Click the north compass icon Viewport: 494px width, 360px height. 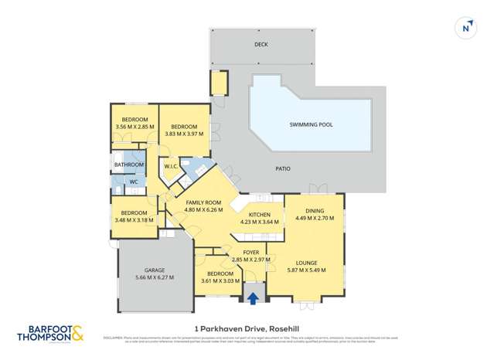coord(465,26)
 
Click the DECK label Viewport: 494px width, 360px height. coord(261,45)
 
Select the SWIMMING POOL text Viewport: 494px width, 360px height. coord(311,124)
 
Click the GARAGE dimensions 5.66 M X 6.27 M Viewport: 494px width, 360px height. coord(155,277)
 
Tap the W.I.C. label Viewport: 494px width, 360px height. coord(170,166)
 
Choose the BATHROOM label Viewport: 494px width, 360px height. coord(128,165)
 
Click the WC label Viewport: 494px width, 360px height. coord(133,182)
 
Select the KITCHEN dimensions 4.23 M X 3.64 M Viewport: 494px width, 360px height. coord(259,222)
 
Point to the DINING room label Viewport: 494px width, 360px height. coord(314,210)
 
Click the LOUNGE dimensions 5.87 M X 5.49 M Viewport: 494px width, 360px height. coord(306,270)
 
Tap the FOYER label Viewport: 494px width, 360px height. coord(251,253)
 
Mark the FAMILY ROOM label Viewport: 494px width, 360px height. coord(203,202)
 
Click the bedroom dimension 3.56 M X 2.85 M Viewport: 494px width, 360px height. coord(134,127)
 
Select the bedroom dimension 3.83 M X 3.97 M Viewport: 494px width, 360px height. coord(184,133)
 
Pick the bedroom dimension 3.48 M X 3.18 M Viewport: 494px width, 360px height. coord(134,220)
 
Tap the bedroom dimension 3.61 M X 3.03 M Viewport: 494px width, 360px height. coord(220,280)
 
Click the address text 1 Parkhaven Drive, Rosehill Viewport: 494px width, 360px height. coord(247,328)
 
